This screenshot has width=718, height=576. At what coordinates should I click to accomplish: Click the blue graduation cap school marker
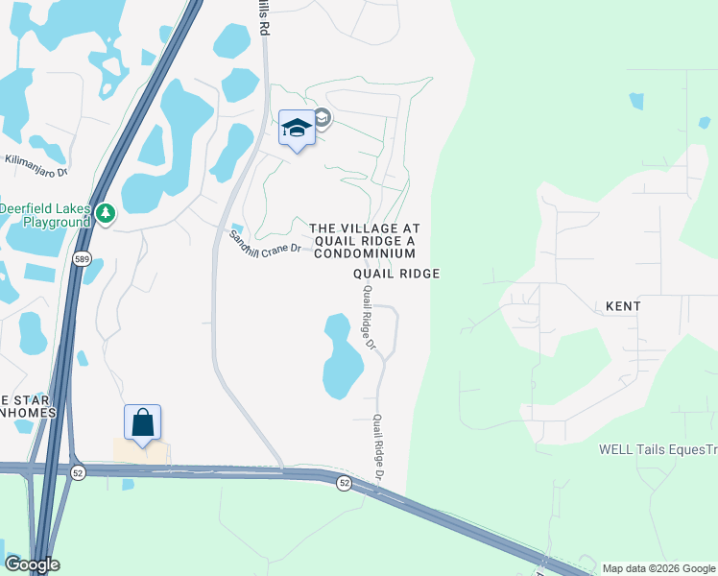[297, 129]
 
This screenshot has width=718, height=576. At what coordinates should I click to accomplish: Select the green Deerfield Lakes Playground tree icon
[106, 213]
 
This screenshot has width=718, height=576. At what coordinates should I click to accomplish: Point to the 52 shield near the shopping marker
[78, 470]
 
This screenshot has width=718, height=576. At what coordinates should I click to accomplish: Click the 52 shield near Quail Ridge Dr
[345, 483]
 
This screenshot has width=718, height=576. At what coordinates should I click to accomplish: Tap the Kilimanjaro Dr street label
[36, 166]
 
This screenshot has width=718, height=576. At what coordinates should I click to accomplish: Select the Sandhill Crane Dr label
[265, 242]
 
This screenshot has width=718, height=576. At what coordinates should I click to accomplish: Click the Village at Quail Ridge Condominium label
[364, 241]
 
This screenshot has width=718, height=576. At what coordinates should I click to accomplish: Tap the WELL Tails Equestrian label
[658, 448]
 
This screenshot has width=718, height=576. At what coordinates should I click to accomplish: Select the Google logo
[32, 564]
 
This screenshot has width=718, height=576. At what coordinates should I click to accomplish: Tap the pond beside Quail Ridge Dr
[341, 358]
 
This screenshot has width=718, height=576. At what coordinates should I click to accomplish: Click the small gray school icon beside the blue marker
[323, 118]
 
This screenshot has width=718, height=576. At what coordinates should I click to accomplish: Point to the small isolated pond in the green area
[636, 100]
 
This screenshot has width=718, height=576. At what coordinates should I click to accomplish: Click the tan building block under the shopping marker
[141, 452]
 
